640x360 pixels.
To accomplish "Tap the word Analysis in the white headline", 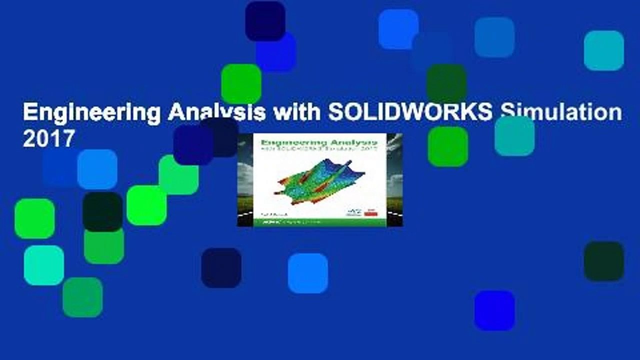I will pyautogui.click(x=216, y=113).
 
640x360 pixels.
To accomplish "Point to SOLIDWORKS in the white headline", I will pyautogui.click(x=410, y=113).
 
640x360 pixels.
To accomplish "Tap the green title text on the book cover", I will pyautogui.click(x=320, y=141).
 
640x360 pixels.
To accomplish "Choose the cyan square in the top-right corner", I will pyautogui.click(x=603, y=50).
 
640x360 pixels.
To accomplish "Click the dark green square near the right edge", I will pyautogui.click(x=603, y=261).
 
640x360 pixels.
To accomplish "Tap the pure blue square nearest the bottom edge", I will pyautogui.click(x=494, y=310).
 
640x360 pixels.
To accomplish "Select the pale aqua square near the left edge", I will pyautogui.click(x=44, y=265).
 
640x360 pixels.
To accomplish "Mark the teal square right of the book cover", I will pyautogui.click(x=514, y=136).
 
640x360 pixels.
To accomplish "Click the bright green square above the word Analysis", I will pyautogui.click(x=241, y=83).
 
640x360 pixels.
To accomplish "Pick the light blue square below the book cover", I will pyautogui.click(x=307, y=273).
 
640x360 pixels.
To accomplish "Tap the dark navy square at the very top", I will pyautogui.click(x=265, y=21).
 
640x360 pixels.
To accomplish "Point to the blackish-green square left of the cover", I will pyautogui.click(x=102, y=211).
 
